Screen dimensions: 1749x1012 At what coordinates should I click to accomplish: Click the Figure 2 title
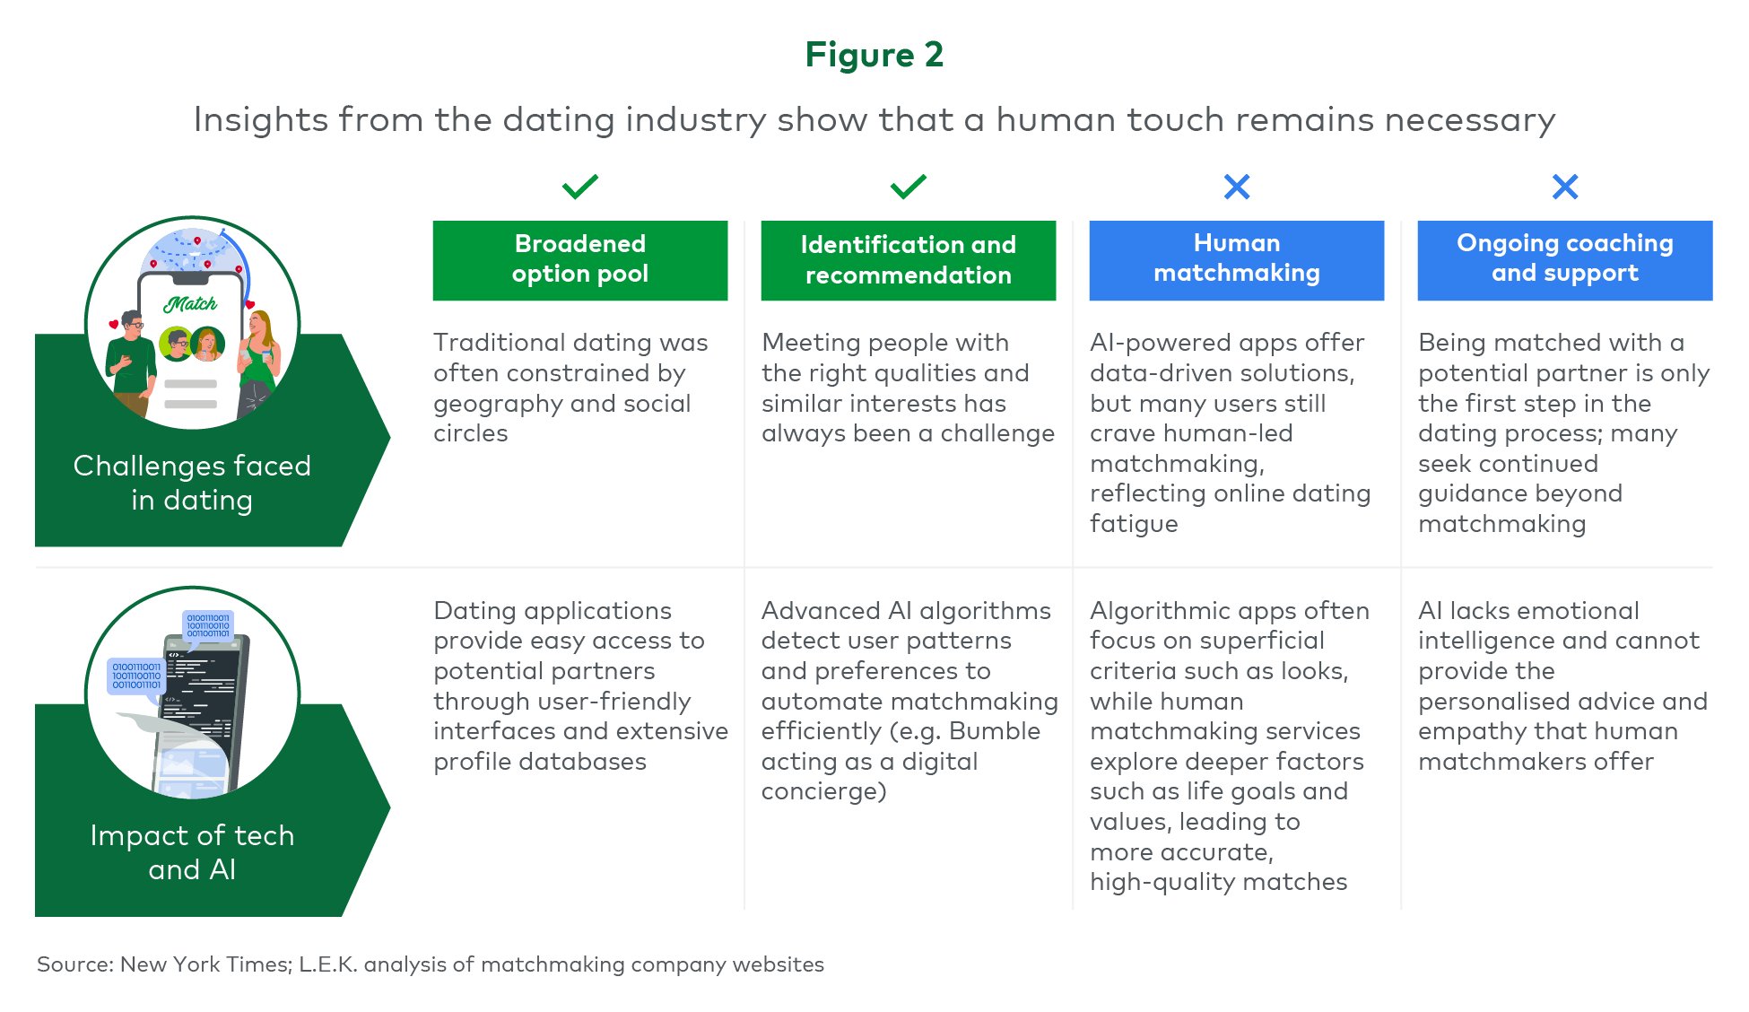pyautogui.click(x=874, y=55)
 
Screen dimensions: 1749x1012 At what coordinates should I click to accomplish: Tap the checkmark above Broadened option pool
pyautogui.click(x=579, y=187)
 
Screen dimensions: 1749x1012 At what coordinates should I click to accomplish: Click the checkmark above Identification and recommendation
pyautogui.click(x=908, y=187)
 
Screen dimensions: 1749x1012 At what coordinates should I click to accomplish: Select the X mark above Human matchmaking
pyautogui.click(x=1237, y=187)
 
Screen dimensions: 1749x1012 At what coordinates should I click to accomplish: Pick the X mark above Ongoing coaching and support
pyautogui.click(x=1565, y=187)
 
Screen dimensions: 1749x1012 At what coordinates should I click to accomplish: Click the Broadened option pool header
pyautogui.click(x=580, y=260)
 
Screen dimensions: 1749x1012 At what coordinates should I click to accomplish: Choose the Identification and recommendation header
pyautogui.click(x=909, y=260)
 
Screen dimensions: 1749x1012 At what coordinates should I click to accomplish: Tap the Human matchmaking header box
pyautogui.click(x=1237, y=260)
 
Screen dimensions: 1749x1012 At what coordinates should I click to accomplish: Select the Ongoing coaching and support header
pyautogui.click(x=1565, y=260)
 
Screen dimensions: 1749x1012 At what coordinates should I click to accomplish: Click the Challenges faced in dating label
pyautogui.click(x=192, y=483)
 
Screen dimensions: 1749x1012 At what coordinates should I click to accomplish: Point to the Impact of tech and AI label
pyautogui.click(x=192, y=852)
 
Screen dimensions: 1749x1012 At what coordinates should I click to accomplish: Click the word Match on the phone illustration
pyautogui.click(x=190, y=304)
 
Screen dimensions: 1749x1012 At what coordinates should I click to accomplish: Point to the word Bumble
pyautogui.click(x=995, y=731)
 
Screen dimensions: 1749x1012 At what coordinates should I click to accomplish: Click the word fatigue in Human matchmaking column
pyautogui.click(x=1134, y=524)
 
